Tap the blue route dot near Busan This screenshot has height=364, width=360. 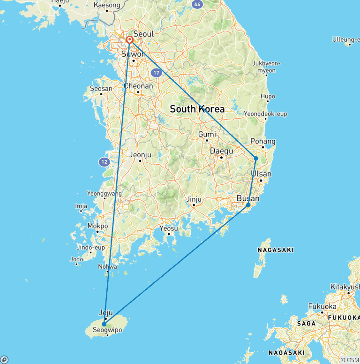tap(248, 205)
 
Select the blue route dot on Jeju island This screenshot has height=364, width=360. tap(104, 324)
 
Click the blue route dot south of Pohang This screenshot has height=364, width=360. tap(256, 159)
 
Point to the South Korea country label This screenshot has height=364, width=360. tap(197, 109)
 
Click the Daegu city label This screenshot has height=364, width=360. tap(221, 151)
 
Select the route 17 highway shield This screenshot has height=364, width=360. tap(157, 73)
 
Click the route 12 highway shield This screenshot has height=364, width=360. tap(104, 162)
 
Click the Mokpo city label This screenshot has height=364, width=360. tap(97, 226)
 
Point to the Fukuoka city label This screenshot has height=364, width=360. tap(322, 306)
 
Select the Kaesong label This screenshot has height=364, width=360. tap(107, 5)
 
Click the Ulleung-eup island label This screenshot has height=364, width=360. tap(345, 39)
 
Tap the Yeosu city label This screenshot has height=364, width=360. tap(169, 228)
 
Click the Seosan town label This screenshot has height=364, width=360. tap(101, 88)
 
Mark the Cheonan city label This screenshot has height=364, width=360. tap(138, 86)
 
